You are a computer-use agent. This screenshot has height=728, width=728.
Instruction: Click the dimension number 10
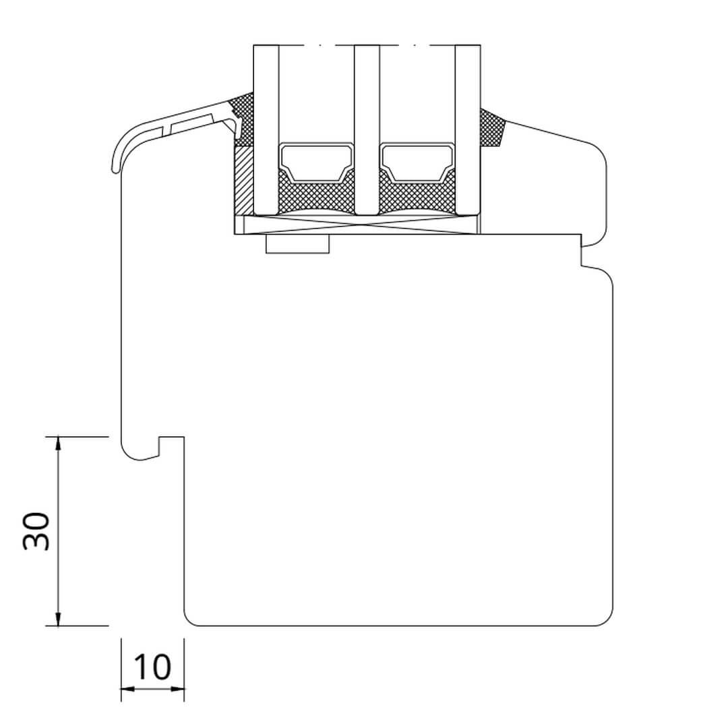click(152, 667)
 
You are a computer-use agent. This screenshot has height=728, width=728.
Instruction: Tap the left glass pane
click(266, 130)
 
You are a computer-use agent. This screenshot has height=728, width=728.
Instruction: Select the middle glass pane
click(367, 130)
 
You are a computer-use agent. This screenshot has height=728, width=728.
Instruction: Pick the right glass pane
click(468, 130)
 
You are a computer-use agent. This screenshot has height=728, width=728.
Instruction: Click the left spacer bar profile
click(316, 162)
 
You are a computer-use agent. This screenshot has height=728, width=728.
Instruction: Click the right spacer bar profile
click(417, 162)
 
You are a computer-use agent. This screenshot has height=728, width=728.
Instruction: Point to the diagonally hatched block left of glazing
click(244, 181)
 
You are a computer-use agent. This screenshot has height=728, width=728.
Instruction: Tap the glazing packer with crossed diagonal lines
click(357, 224)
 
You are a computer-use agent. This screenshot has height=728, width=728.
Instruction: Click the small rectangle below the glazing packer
click(298, 244)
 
